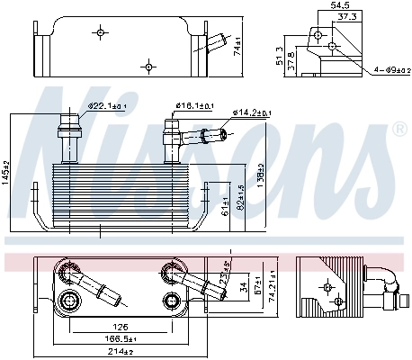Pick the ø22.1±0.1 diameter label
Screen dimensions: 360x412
(x=106, y=106)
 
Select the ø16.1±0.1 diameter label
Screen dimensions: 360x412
(x=193, y=106)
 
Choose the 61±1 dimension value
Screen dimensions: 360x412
(x=224, y=206)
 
